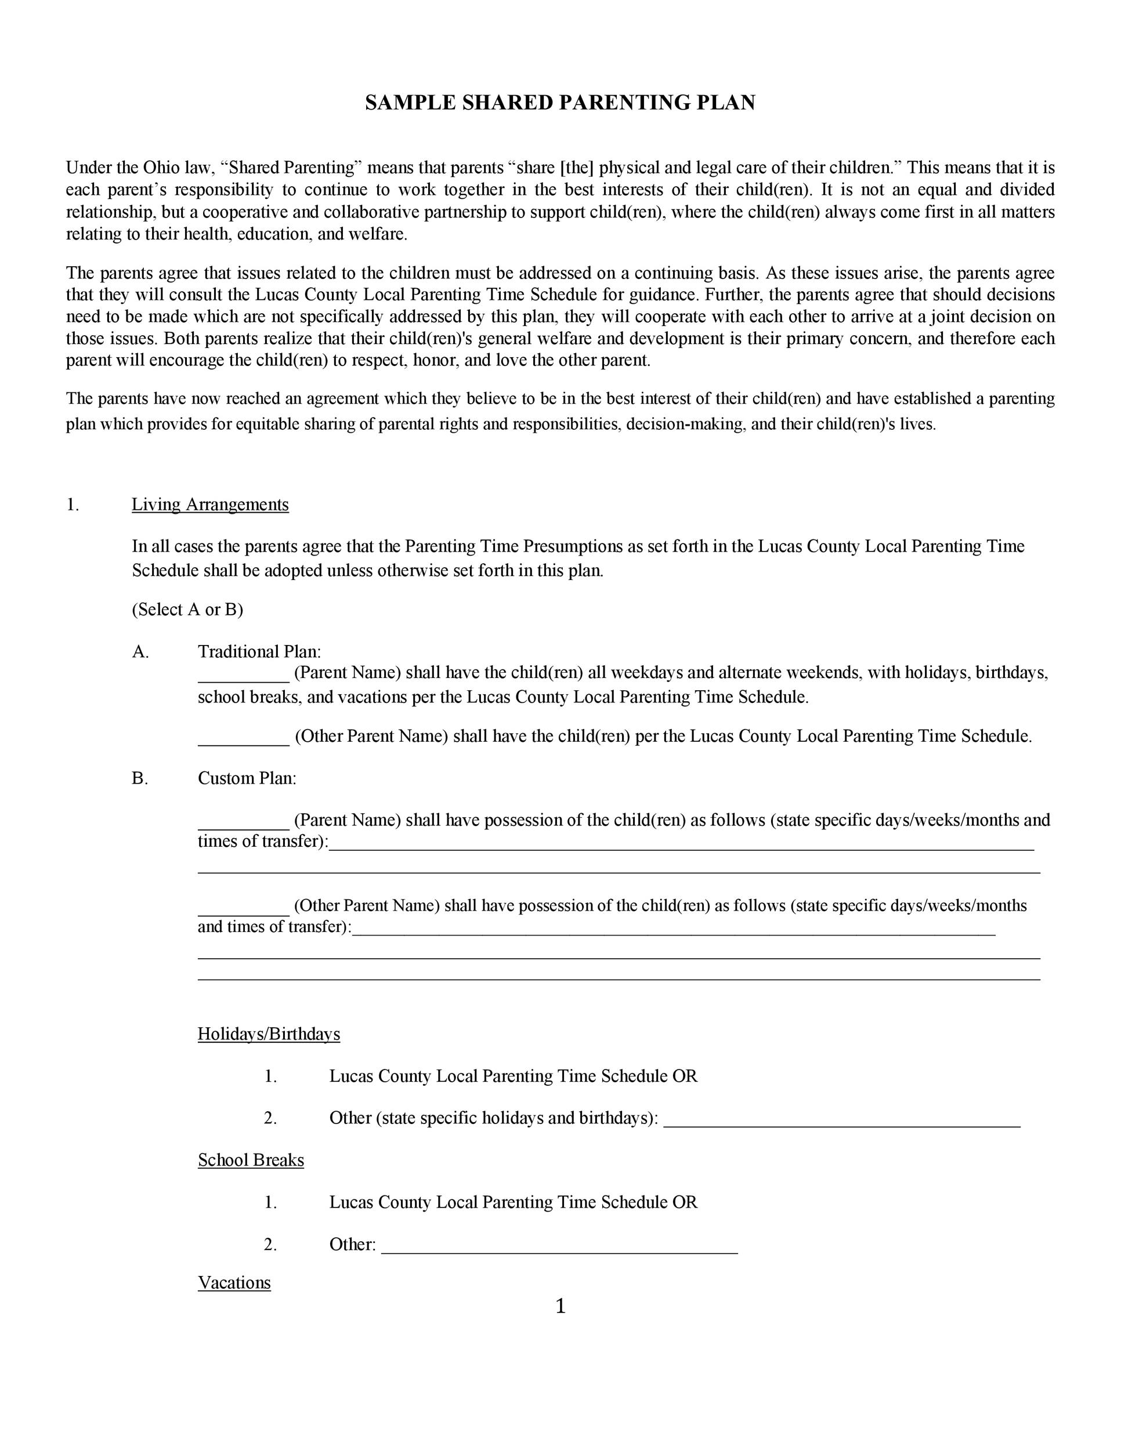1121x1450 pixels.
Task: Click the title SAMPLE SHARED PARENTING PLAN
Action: pyautogui.click(x=560, y=103)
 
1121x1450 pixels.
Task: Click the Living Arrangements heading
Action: pyautogui.click(x=210, y=505)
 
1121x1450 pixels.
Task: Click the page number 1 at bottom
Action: pyautogui.click(x=560, y=1307)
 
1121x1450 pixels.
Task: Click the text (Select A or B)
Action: pyautogui.click(x=187, y=610)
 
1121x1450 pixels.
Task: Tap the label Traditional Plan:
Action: pyautogui.click(x=259, y=651)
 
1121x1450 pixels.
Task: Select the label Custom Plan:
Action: pyautogui.click(x=247, y=778)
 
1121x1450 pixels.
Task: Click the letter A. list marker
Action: pyautogui.click(x=140, y=651)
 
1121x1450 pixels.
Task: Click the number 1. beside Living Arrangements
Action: pyautogui.click(x=73, y=505)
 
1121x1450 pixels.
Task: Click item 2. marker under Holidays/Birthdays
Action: pyautogui.click(x=270, y=1118)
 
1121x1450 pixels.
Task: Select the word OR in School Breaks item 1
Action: pyautogui.click(x=685, y=1202)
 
